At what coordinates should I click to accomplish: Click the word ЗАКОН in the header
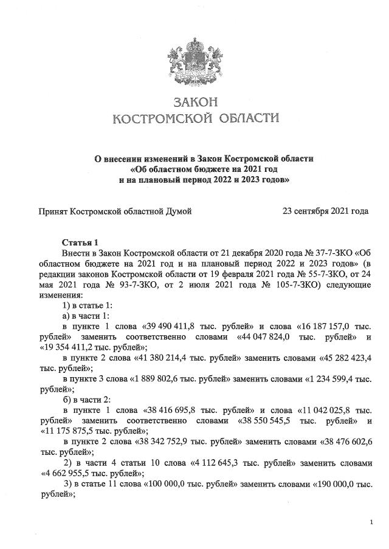click(x=194, y=100)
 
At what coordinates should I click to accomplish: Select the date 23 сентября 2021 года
click(x=326, y=211)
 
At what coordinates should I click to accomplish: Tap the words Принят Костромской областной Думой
click(x=115, y=211)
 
